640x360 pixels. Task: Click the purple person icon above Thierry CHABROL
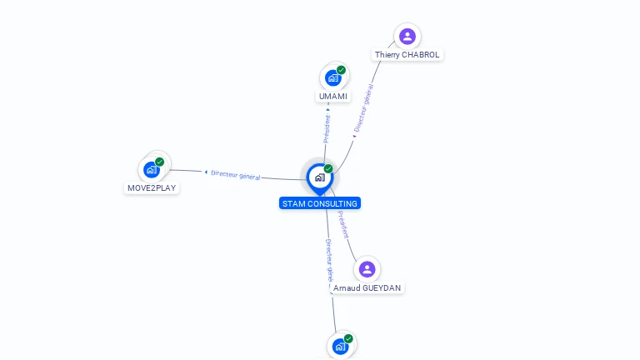click(407, 36)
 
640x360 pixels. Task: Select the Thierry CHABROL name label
click(407, 55)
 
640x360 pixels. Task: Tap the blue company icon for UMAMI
click(333, 78)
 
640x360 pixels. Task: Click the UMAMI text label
click(333, 97)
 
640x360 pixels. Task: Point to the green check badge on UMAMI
click(342, 70)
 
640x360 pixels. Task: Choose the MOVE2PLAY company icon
click(151, 170)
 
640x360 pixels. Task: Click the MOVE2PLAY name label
click(152, 188)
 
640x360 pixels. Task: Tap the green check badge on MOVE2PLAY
click(159, 162)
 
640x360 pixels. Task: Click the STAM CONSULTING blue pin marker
click(319, 178)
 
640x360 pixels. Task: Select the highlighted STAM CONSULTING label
click(320, 203)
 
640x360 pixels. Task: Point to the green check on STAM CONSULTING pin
click(328, 169)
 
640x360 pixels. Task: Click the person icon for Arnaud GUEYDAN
click(367, 269)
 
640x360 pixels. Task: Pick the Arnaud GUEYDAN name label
click(367, 288)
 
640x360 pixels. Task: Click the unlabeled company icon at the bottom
click(340, 347)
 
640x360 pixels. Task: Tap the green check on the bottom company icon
click(348, 338)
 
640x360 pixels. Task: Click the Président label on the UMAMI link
click(327, 128)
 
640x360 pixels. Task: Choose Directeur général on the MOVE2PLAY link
click(235, 175)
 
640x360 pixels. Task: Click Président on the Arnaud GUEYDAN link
click(343, 224)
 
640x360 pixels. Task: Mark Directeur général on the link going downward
click(329, 257)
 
